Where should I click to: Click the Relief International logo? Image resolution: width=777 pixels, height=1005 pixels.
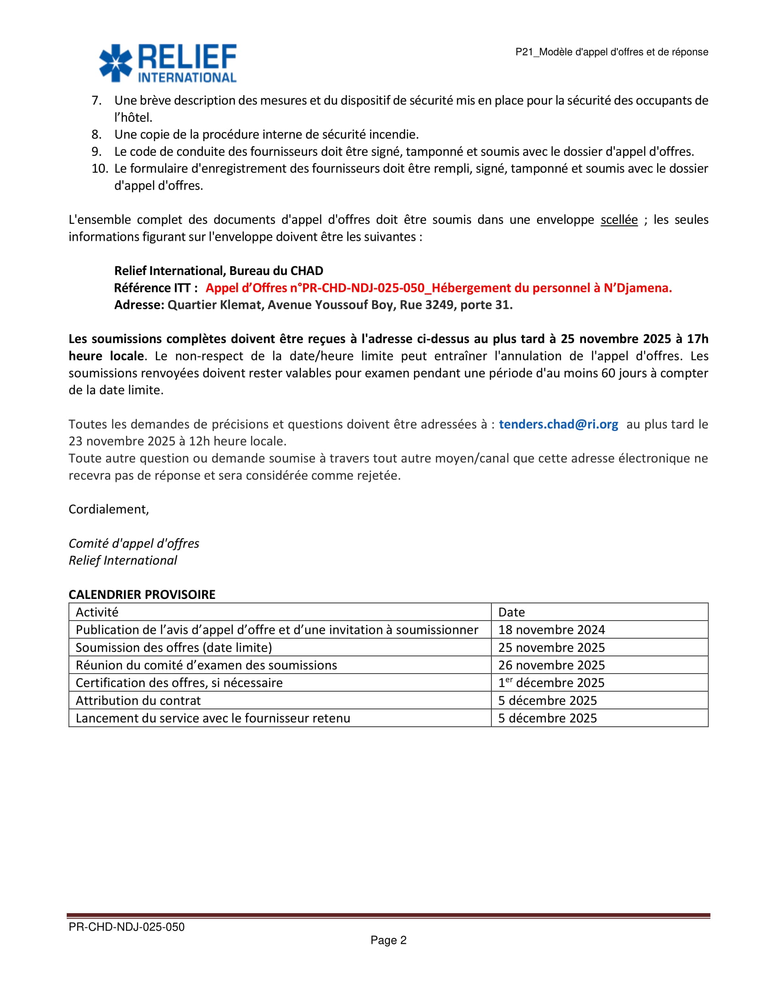point(168,63)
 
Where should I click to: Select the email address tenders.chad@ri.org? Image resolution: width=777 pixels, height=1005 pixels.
point(558,424)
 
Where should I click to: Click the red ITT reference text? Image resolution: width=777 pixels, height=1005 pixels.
point(438,288)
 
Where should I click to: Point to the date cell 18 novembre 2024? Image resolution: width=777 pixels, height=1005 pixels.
point(551,629)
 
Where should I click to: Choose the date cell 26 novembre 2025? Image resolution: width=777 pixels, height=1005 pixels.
point(551,665)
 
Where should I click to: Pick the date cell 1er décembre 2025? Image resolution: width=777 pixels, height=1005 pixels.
point(551,683)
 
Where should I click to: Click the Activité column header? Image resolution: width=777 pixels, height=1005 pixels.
point(97,612)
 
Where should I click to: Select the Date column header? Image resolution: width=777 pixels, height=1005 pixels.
point(511,612)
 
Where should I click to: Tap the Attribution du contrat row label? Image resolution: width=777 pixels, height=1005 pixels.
point(138,700)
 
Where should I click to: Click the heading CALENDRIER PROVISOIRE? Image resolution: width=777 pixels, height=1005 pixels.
point(142,594)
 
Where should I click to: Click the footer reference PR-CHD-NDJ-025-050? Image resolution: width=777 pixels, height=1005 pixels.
point(127,927)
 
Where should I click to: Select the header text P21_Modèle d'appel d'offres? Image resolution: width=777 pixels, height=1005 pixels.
point(611,52)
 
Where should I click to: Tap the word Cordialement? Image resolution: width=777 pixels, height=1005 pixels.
point(109,509)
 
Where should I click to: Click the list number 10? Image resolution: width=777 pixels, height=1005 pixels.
point(100,169)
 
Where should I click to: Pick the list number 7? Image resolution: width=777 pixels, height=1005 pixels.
point(96,100)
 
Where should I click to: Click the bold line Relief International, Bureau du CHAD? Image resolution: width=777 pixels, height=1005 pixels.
point(218,270)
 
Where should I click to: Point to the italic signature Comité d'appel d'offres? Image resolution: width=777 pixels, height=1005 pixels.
point(134,544)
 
